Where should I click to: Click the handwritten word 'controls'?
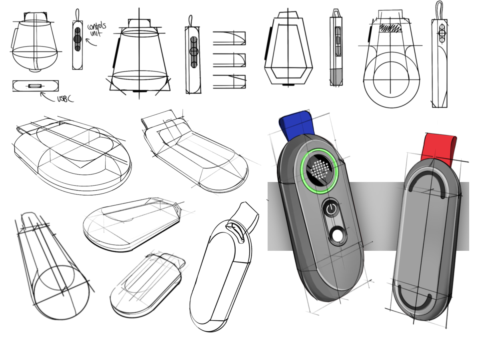(97, 26)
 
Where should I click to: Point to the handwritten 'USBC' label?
(65, 99)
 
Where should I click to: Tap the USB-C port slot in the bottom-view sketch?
(35, 86)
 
